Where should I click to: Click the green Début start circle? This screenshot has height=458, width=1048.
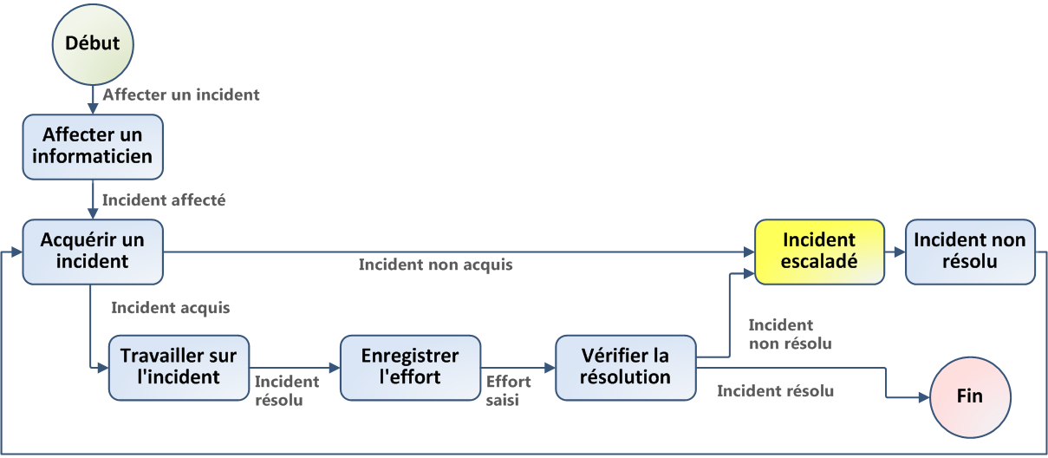point(93,43)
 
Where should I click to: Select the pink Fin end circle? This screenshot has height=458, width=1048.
point(969,396)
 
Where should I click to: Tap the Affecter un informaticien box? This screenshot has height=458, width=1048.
point(93,146)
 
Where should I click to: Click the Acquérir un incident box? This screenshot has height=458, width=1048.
point(93,251)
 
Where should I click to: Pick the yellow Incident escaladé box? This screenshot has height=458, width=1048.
point(819,251)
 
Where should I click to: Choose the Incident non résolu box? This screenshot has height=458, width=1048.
point(970,251)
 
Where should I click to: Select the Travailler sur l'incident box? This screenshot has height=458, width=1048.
point(179,368)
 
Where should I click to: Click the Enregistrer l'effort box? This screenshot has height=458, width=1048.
point(410,368)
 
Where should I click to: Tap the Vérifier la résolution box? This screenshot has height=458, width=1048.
point(626,368)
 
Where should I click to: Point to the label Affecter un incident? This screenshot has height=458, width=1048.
point(181,95)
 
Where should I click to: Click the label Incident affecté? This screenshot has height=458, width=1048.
point(164,200)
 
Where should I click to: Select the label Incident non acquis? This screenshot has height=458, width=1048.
point(435,265)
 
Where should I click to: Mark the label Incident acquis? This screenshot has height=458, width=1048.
point(171,308)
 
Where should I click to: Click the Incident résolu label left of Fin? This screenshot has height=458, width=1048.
point(775,391)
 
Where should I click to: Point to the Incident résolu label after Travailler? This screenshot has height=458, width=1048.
point(286,391)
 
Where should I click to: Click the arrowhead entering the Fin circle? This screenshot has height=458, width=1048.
point(922,396)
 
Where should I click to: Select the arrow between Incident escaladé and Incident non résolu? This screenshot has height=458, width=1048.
point(895,252)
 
